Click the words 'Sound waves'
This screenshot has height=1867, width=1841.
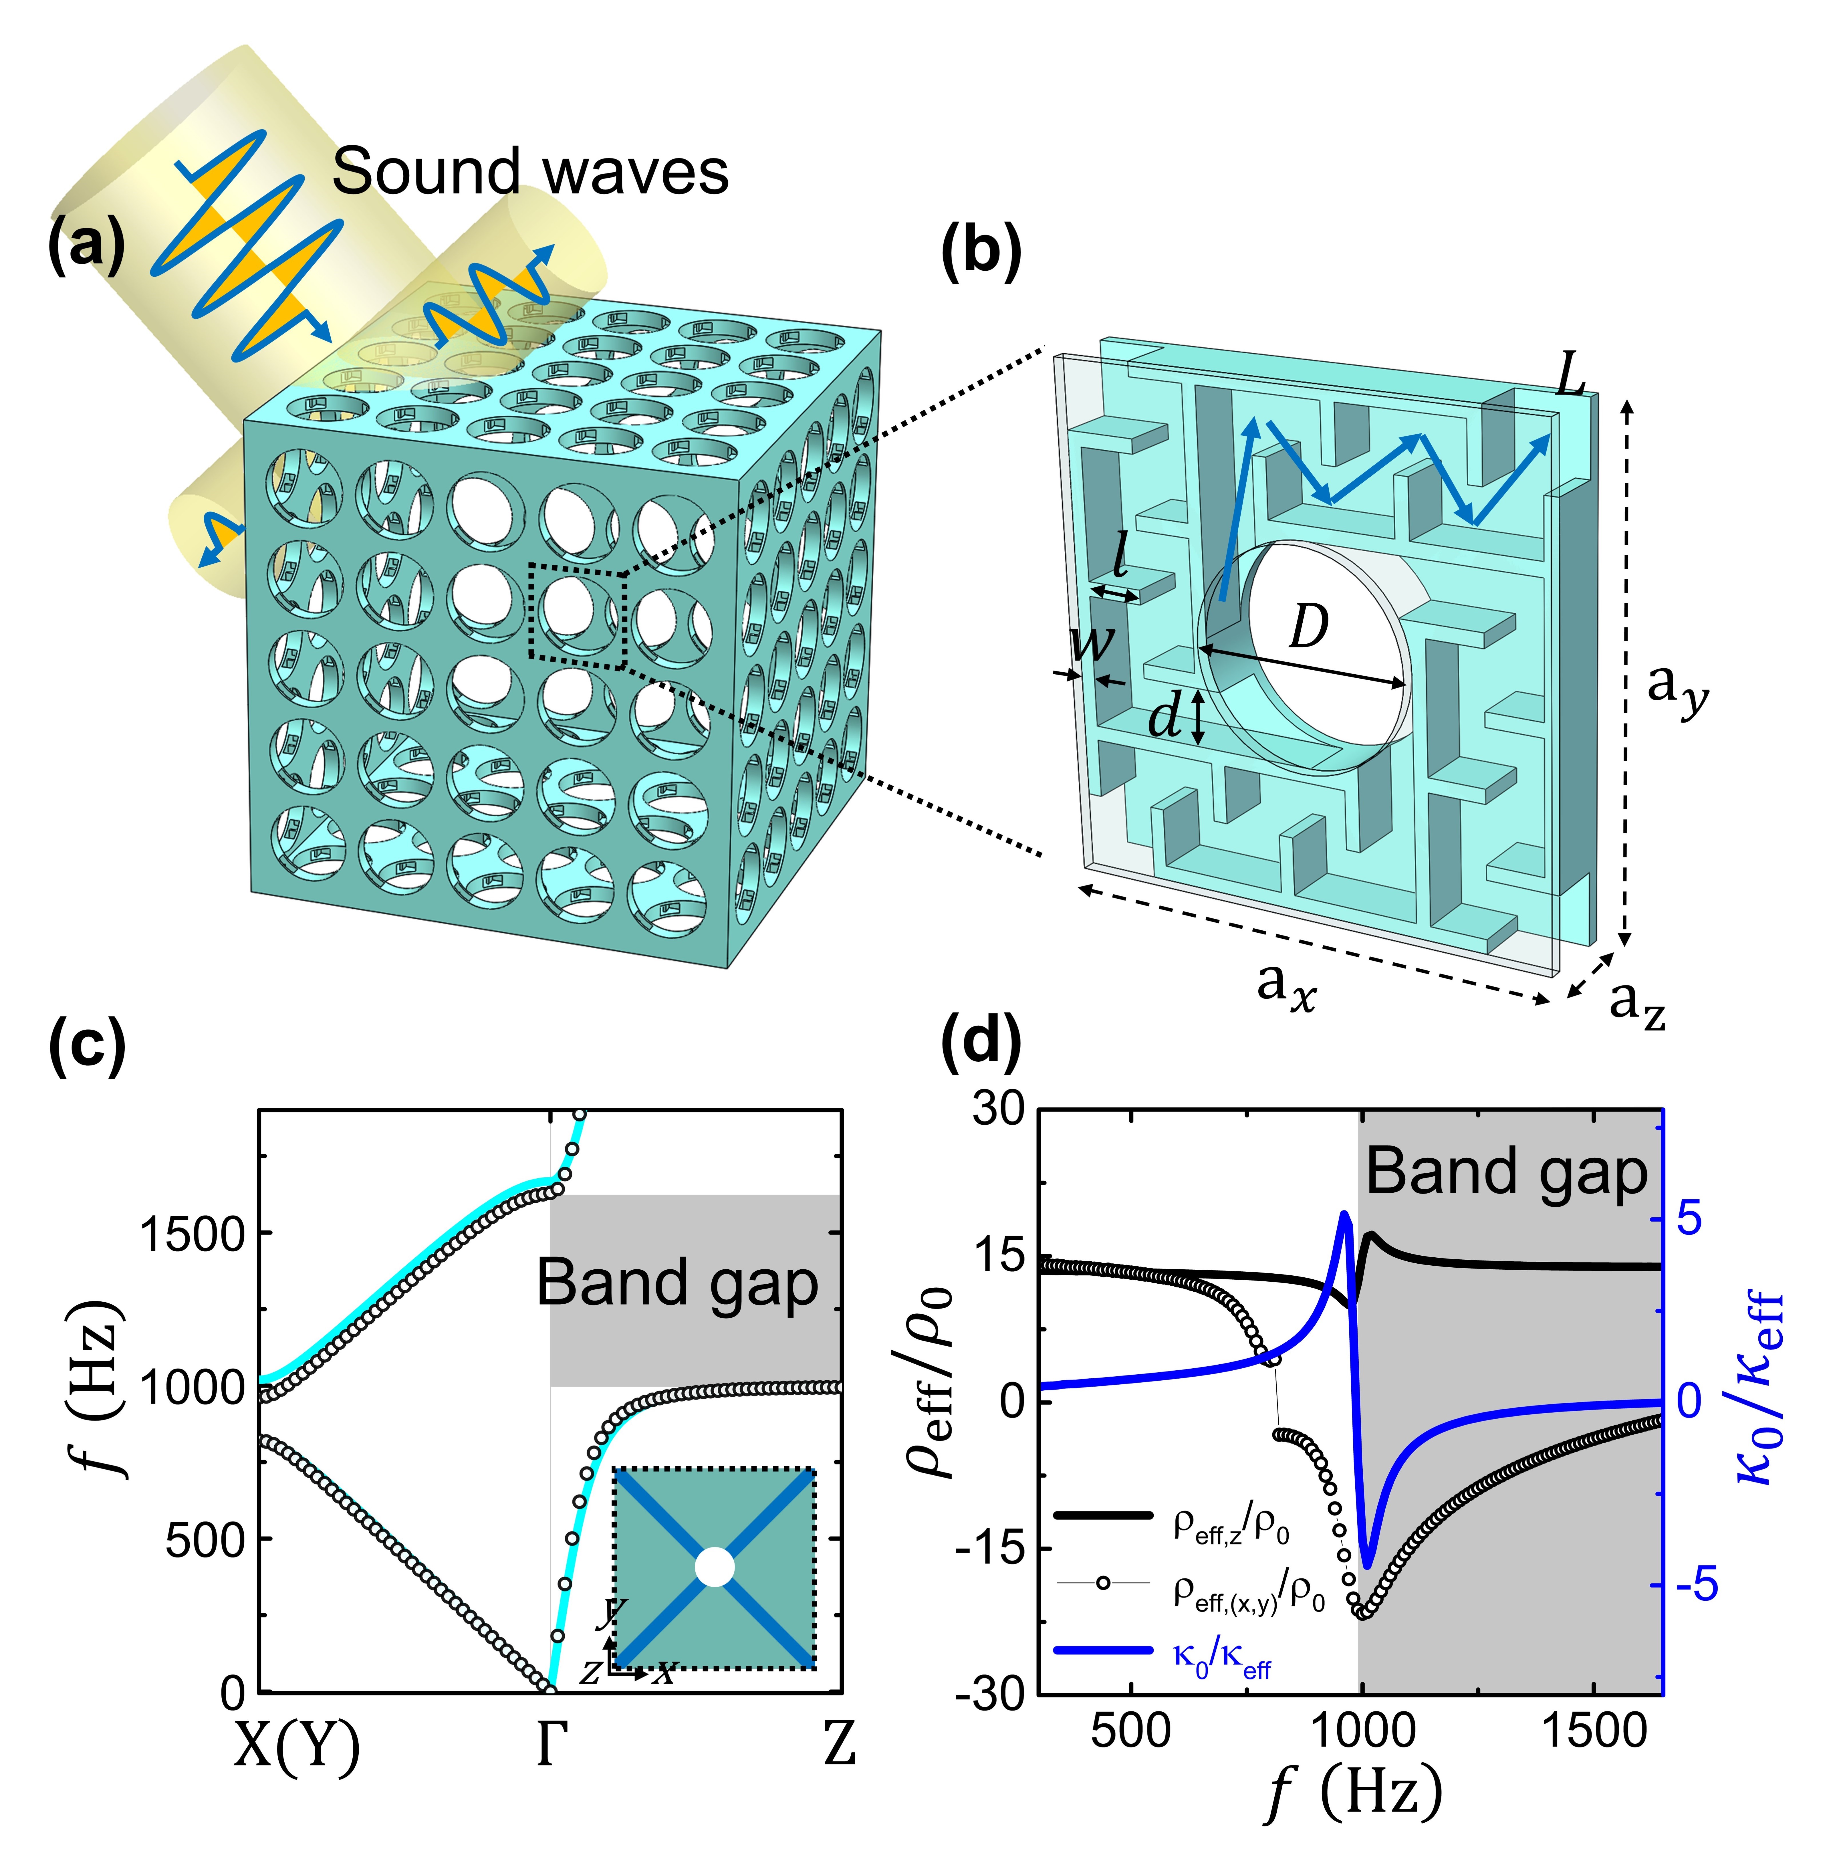[x=529, y=172]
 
